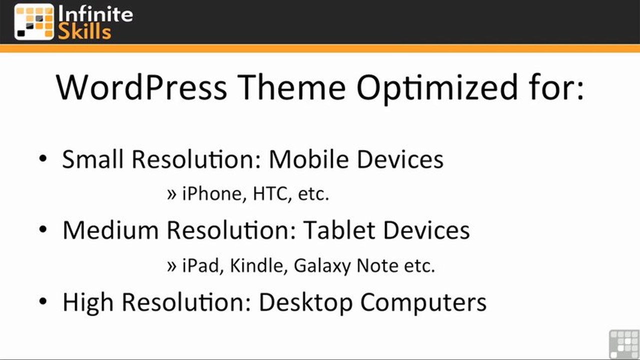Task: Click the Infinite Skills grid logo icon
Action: tap(34, 21)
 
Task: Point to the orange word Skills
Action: tap(85, 31)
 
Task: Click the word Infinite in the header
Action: tap(96, 13)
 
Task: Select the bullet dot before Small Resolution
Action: tap(43, 159)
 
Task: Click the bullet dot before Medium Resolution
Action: tap(43, 229)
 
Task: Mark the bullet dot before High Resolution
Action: tap(43, 301)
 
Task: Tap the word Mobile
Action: tap(307, 159)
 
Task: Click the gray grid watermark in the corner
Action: tap(624, 344)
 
